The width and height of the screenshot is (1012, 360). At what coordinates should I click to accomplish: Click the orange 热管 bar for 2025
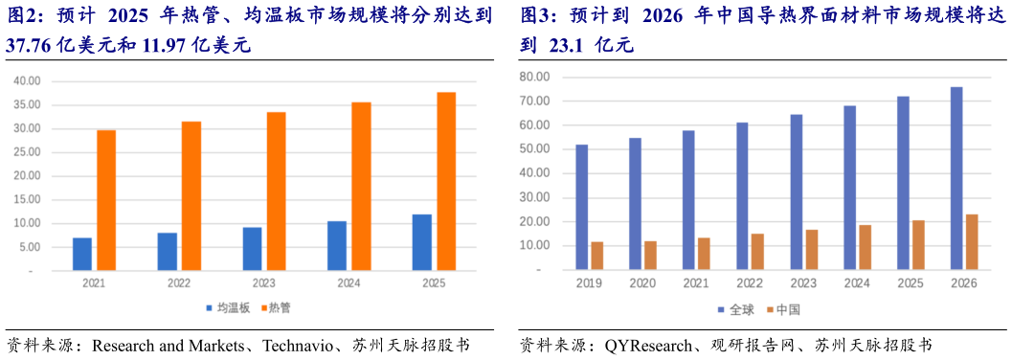(x=446, y=182)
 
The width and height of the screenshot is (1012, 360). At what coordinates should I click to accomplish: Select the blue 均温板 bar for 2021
(x=82, y=254)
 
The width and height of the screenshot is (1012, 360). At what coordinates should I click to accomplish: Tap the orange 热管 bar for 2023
(x=276, y=191)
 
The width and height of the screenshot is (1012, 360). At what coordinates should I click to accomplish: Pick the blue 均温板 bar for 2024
(x=337, y=246)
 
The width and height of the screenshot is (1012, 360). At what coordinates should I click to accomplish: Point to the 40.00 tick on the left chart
(x=26, y=81)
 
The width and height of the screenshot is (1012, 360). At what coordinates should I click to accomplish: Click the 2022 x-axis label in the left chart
(x=178, y=284)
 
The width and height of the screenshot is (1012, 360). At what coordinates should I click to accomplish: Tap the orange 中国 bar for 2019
(x=597, y=256)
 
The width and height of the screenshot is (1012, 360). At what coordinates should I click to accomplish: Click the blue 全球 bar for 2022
(x=742, y=196)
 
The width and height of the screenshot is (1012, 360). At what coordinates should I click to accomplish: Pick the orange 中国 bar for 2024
(x=865, y=248)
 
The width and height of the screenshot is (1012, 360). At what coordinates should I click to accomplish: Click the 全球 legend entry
(x=736, y=309)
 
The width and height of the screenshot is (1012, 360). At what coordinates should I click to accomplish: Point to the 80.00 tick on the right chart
(x=533, y=77)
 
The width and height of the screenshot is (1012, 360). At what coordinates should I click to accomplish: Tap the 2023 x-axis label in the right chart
(x=803, y=284)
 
